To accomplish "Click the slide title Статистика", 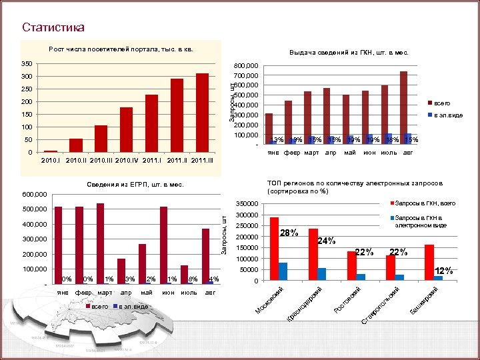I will [53, 27].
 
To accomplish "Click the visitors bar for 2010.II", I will [76, 145].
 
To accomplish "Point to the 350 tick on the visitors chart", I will [27, 64].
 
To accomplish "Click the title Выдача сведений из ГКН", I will [349, 53].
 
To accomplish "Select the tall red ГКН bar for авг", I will [403, 107].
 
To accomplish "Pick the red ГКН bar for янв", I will [269, 128].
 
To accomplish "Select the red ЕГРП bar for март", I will [100, 243].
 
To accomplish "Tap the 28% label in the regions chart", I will [289, 233].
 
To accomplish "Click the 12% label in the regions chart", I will [443, 271].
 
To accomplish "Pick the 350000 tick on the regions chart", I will [247, 204].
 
